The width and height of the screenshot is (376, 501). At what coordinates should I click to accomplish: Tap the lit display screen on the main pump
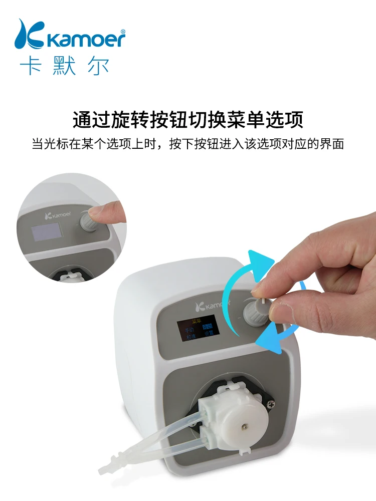[198, 328]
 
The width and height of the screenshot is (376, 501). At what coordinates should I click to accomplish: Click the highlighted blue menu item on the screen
[208, 326]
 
